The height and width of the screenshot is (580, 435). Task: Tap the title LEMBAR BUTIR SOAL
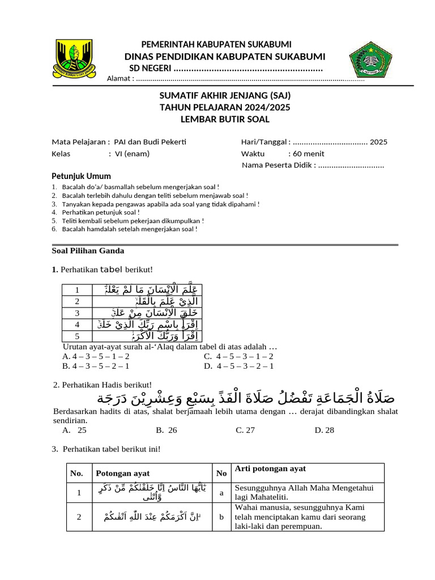coord(225,119)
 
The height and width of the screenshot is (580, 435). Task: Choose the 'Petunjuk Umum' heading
coord(82,176)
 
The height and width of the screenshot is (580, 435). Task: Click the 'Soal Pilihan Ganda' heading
coord(88,250)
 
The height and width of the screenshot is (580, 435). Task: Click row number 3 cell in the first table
coord(77,313)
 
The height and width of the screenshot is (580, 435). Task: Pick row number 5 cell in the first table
coord(77,335)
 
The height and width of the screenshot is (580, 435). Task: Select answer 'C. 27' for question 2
coord(245,430)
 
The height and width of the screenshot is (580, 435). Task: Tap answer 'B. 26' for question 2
coord(167,430)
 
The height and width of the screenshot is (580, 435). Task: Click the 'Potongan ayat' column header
coord(117,473)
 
